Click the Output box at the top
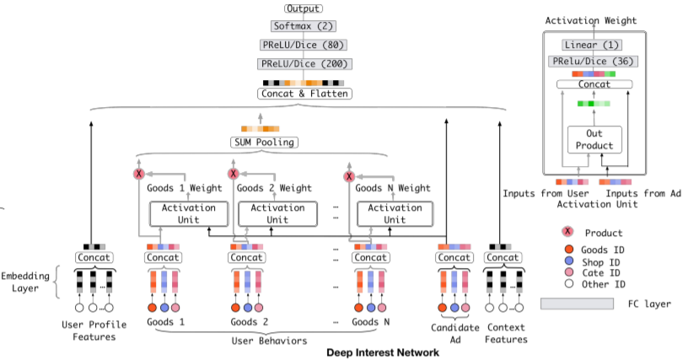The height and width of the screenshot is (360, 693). (304, 8)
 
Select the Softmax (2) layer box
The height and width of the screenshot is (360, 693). (304, 27)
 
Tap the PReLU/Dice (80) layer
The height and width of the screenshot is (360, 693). (304, 45)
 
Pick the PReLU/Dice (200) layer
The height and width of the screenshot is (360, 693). (304, 63)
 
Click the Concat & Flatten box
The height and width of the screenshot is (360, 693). (304, 94)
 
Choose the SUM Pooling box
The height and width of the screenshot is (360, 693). (265, 142)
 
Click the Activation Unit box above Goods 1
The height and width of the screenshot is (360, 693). (182, 213)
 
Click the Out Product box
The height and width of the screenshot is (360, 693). (594, 140)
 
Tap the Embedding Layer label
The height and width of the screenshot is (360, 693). (25, 282)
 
